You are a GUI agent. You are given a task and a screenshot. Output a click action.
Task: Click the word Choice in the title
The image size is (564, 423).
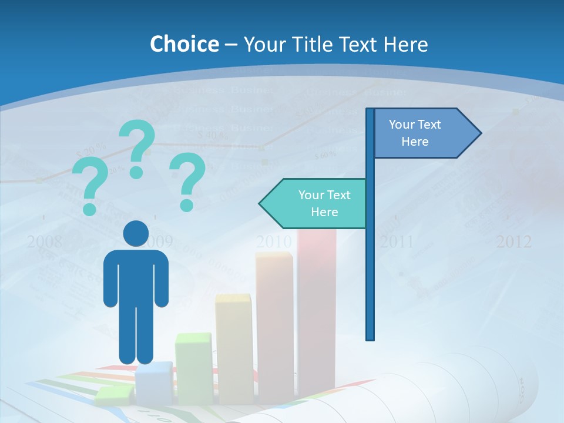click(184, 44)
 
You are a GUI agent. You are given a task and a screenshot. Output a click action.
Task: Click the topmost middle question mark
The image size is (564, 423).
click(138, 147)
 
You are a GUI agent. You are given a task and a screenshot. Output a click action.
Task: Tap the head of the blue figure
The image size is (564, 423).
click(136, 233)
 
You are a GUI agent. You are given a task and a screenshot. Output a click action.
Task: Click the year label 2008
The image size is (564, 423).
click(45, 241)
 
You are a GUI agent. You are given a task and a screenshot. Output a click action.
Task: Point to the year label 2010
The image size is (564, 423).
click(274, 241)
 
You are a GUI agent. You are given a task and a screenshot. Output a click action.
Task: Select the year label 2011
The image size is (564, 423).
click(397, 241)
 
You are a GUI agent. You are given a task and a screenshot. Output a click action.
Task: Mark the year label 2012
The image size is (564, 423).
click(514, 241)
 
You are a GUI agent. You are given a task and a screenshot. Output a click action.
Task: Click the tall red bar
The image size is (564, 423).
click(317, 311)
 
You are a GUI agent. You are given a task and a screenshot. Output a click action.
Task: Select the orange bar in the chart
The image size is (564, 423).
click(274, 323)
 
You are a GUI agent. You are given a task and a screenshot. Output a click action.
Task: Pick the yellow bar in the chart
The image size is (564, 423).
click(234, 347)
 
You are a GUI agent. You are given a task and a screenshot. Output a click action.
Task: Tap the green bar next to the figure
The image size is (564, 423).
click(193, 367)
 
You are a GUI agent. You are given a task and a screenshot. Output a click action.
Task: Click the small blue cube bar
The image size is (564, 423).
click(154, 382)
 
